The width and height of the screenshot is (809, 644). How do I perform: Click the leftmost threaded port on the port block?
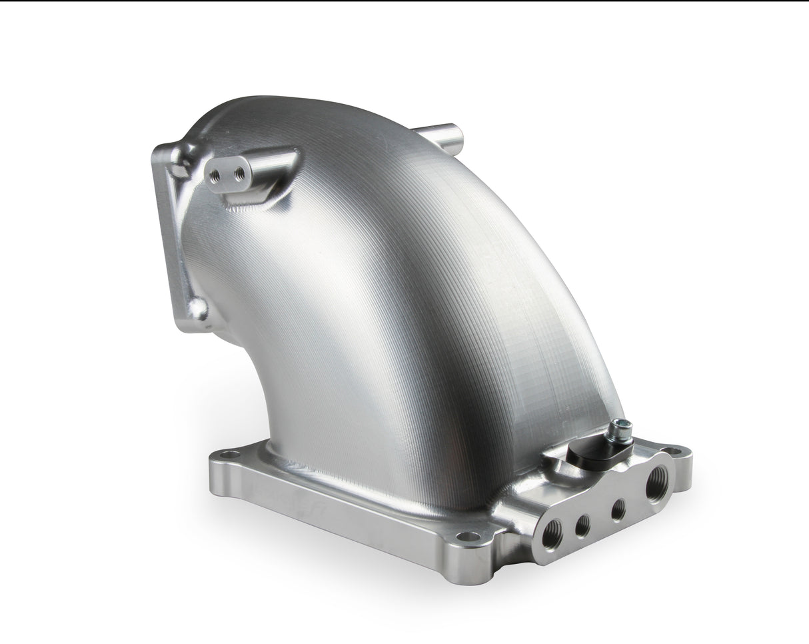[552, 535]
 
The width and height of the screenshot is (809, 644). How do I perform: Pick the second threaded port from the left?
[582, 526]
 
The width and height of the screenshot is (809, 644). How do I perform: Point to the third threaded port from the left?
[618, 510]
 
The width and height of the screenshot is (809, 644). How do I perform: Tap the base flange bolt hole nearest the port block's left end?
[469, 536]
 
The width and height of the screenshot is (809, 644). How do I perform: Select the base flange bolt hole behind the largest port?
[674, 451]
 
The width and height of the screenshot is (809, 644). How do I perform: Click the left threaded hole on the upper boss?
[215, 176]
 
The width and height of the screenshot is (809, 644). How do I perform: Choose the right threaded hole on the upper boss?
[239, 174]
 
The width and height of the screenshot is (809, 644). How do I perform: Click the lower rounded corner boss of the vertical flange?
[197, 309]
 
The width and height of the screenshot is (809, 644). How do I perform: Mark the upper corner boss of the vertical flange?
[176, 161]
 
